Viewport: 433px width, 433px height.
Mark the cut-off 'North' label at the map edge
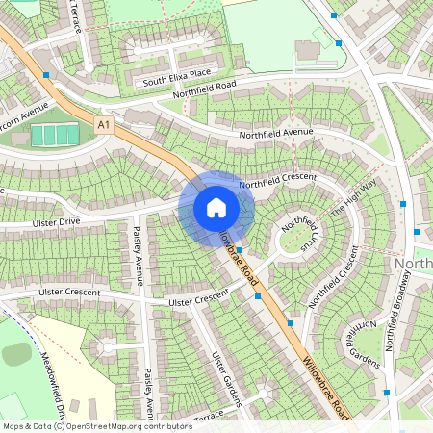tap(414, 263)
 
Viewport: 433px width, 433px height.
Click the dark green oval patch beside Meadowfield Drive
tap(16, 353)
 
